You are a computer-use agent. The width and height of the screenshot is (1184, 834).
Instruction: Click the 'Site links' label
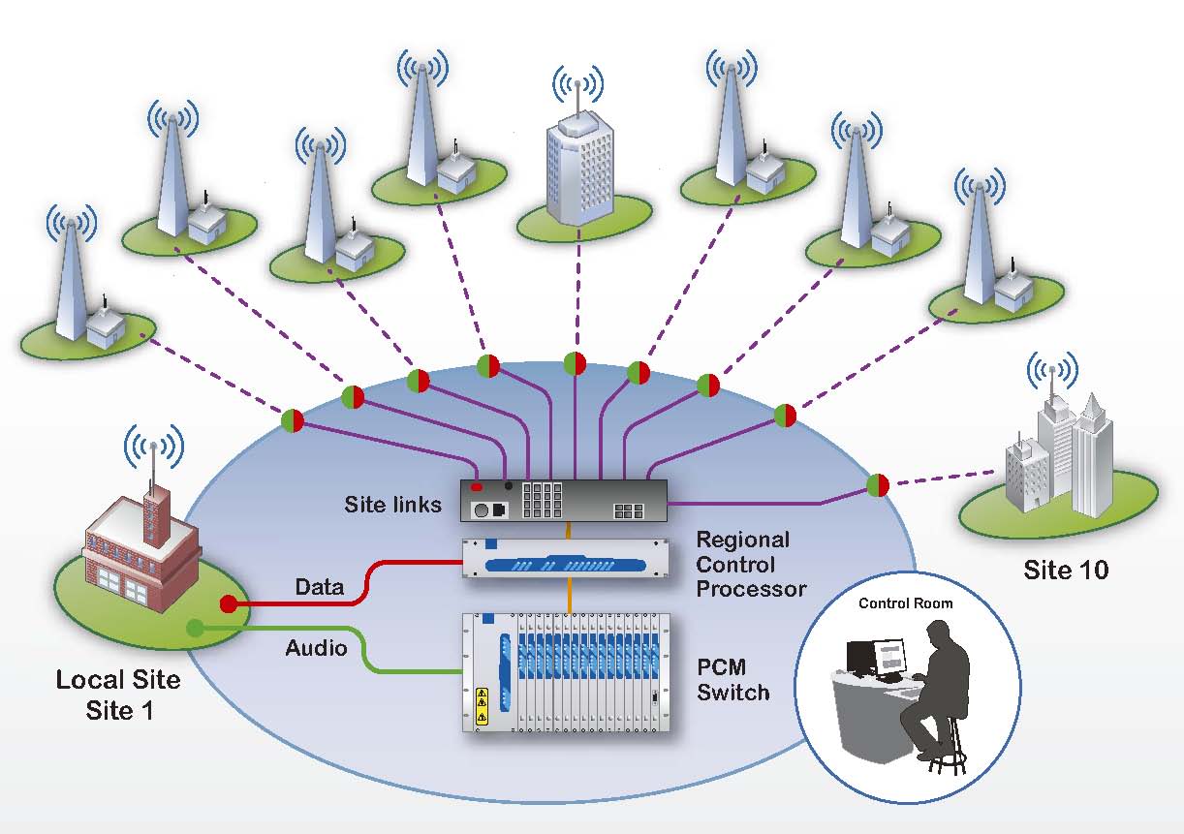pyautogui.click(x=392, y=505)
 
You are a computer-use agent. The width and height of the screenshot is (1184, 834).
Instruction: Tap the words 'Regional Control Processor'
pyautogui.click(x=751, y=564)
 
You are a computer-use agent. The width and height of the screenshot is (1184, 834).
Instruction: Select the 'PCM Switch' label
pyautogui.click(x=733, y=680)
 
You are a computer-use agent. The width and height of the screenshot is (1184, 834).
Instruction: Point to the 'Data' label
pyautogui.click(x=320, y=586)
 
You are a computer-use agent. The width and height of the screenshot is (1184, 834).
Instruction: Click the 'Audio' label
pyautogui.click(x=316, y=648)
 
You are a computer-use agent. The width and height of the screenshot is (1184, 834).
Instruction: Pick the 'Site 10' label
pyautogui.click(x=1066, y=570)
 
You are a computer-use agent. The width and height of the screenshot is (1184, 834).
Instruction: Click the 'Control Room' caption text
pyautogui.click(x=906, y=603)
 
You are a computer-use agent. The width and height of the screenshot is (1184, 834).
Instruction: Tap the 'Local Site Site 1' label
pyautogui.click(x=118, y=695)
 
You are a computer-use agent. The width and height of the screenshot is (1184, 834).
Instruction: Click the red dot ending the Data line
pyautogui.click(x=229, y=604)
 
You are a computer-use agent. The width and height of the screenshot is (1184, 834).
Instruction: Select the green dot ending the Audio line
pyautogui.click(x=195, y=628)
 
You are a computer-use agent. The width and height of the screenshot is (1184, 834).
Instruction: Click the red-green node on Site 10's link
pyautogui.click(x=878, y=485)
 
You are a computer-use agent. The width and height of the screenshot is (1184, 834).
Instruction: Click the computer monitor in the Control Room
pyautogui.click(x=888, y=659)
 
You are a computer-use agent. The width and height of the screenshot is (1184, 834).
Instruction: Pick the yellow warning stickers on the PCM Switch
pyautogui.click(x=482, y=706)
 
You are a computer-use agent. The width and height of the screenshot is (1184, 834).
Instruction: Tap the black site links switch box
pyautogui.click(x=563, y=501)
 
